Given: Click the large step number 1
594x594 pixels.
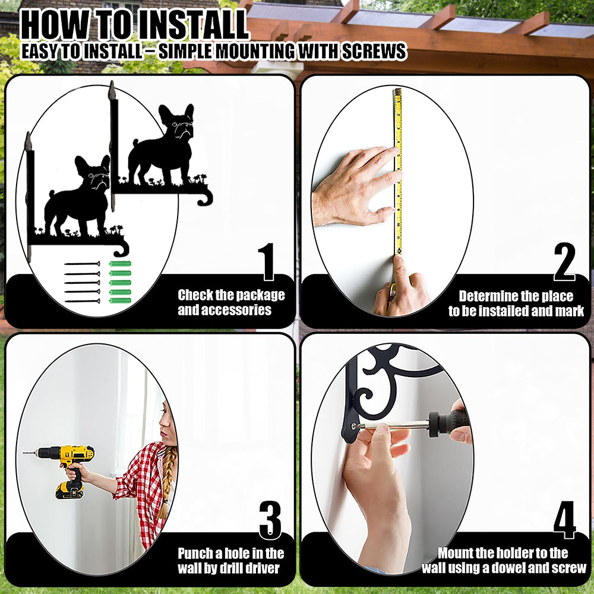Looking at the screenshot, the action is (267, 261).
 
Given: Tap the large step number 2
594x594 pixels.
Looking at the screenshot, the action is (564, 261).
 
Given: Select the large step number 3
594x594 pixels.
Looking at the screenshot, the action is (270, 520).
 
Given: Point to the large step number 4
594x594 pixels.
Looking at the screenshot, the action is (564, 520).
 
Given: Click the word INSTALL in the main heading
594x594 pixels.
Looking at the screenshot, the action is (192, 25).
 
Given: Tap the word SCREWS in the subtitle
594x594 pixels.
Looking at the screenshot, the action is (374, 51).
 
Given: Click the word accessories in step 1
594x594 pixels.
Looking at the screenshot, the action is (225, 310).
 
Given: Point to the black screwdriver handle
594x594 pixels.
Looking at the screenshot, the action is (449, 422).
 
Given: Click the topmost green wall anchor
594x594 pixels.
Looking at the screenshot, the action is (120, 264).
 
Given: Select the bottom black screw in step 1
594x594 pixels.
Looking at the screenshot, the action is (82, 301).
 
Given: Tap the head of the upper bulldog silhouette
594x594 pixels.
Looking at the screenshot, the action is (177, 122).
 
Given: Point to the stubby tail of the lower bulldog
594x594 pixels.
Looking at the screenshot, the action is (52, 195).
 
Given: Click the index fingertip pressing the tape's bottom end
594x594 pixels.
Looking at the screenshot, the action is (399, 261).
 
